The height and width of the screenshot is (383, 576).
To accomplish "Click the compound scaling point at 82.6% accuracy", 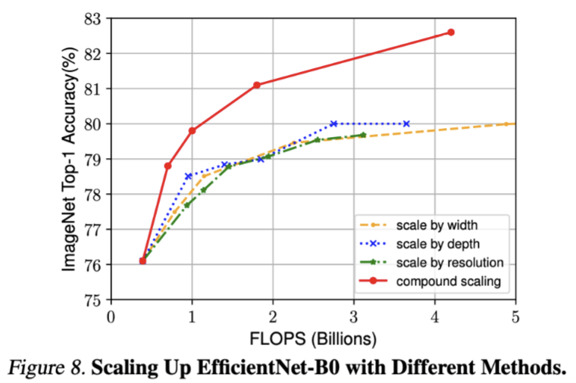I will coord(451,32).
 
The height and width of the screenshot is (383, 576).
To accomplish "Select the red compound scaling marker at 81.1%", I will coord(257,85).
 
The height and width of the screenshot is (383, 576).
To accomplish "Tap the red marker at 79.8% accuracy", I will coord(193,130).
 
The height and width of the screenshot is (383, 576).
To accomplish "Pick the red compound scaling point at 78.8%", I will coord(167,166).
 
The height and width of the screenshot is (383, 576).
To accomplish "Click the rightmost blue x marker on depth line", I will coord(406,123).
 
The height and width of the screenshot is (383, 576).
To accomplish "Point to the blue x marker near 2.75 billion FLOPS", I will coord(333,123).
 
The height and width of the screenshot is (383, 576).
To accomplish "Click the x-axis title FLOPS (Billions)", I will coord(313,335).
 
